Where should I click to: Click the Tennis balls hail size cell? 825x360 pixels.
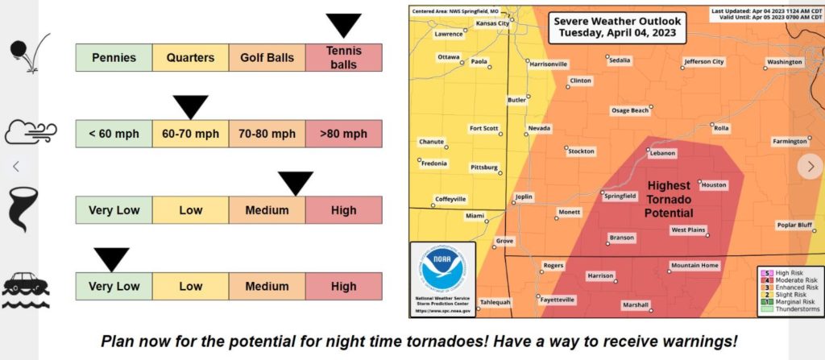click(x=343, y=57)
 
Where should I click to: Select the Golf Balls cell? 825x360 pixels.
click(x=267, y=58)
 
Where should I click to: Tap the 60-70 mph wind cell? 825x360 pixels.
click(x=190, y=134)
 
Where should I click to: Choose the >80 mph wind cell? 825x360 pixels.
click(x=343, y=134)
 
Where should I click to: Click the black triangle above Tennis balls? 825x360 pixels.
click(x=343, y=25)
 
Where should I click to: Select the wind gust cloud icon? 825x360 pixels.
click(x=29, y=131)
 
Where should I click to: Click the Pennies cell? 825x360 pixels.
click(x=114, y=58)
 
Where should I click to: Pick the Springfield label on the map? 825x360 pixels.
click(x=620, y=195)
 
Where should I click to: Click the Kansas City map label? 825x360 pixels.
click(x=493, y=23)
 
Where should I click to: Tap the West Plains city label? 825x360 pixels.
click(x=688, y=230)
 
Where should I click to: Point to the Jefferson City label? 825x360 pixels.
click(x=703, y=61)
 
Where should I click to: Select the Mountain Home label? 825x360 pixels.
click(x=694, y=266)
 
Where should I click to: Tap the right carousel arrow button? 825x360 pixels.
click(x=808, y=166)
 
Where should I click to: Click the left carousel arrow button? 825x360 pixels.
click(x=16, y=166)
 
